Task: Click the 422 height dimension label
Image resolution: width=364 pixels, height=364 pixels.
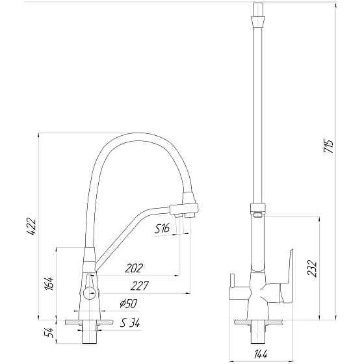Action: click(x=31, y=227)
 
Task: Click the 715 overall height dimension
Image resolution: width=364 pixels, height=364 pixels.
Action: click(x=328, y=146)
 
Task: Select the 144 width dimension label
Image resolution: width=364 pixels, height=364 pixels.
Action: click(x=261, y=354)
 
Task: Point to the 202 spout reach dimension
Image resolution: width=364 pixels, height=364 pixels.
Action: click(x=134, y=268)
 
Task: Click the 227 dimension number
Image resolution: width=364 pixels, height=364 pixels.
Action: click(x=140, y=286)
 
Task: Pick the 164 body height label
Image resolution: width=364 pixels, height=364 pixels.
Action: click(x=49, y=283)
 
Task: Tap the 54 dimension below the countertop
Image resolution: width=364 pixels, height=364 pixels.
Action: click(x=49, y=333)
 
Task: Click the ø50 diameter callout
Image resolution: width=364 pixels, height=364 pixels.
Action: click(x=129, y=304)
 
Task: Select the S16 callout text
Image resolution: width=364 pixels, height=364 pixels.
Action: click(x=162, y=229)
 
